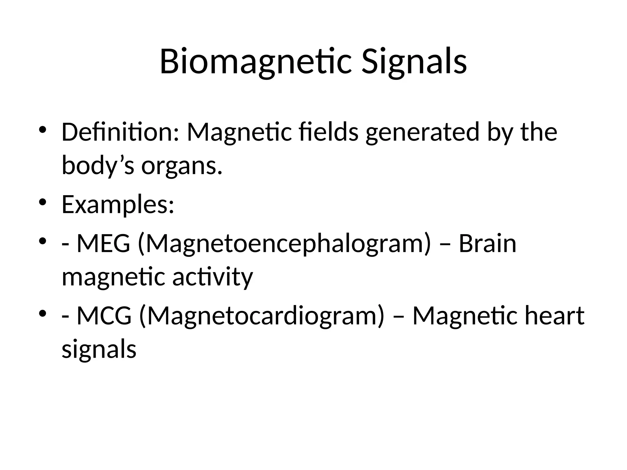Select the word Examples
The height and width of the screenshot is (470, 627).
tap(118, 204)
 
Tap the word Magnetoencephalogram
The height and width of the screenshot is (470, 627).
tap(284, 244)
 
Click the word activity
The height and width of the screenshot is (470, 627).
tap(212, 277)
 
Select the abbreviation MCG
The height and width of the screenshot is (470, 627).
tap(104, 316)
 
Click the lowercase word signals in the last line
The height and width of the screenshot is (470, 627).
tap(99, 349)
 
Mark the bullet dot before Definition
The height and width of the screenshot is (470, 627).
tap(43, 129)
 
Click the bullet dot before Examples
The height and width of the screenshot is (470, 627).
tap(43, 202)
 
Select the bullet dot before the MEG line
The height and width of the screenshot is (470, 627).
tap(43, 241)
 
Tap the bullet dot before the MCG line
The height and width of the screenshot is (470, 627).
tap(43, 313)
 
